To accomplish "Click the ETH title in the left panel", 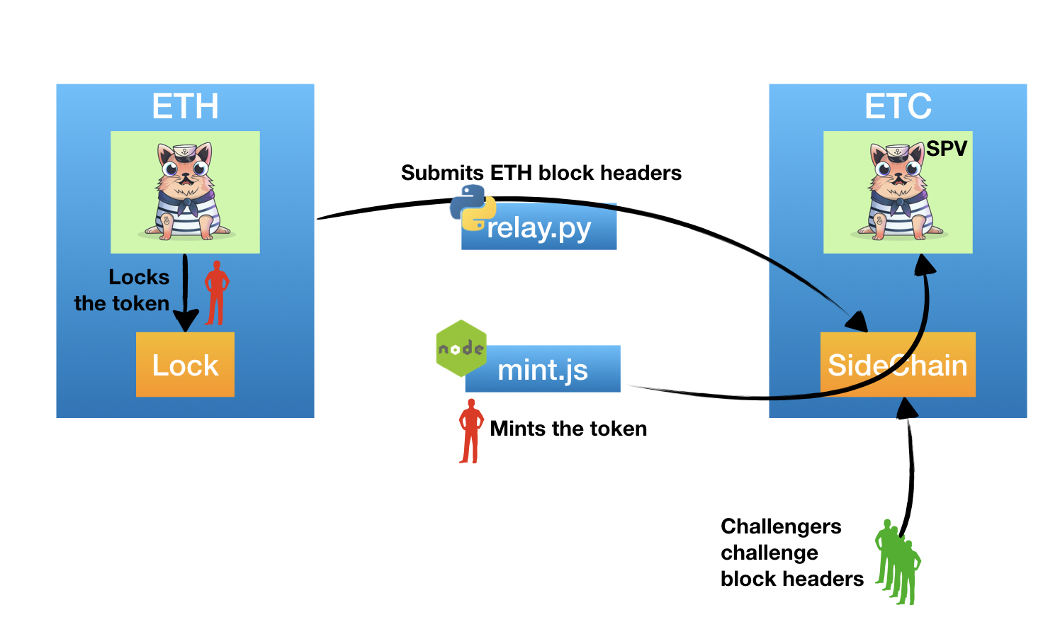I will (185, 107).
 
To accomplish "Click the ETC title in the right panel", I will (898, 107).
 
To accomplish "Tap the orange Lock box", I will (185, 365).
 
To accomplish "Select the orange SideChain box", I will (898, 365).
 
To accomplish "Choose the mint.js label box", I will (543, 369).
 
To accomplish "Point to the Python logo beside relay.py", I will (472, 208).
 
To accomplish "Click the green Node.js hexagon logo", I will (461, 348).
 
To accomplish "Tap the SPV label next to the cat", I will (947, 149).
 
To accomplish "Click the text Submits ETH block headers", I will (541, 173).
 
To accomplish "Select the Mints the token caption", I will (568, 429).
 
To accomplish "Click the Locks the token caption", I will (122, 290).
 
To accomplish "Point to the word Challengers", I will (781, 526).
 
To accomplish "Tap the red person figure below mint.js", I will (470, 431).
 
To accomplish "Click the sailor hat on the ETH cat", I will (186, 151).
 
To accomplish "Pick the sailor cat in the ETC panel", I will (897, 191).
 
